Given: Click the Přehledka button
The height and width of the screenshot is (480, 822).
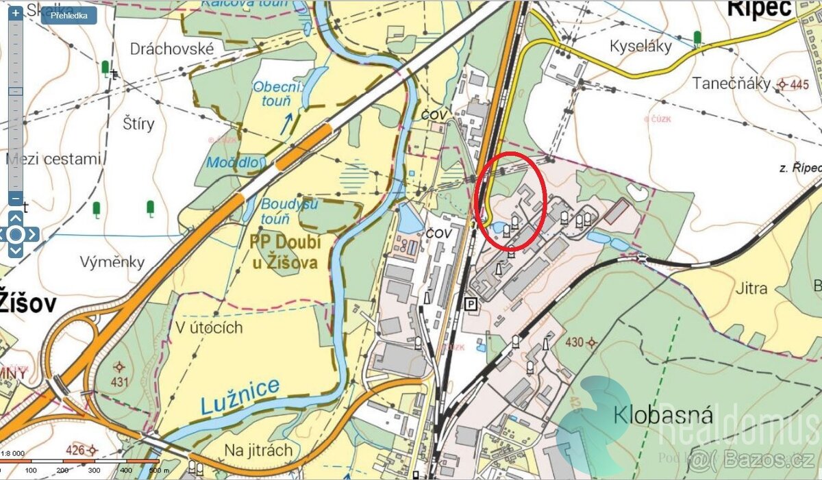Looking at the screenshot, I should pos(68,16).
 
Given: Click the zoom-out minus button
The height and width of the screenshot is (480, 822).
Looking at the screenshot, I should pos(15,199).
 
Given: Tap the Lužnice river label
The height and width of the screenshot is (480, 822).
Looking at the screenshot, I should pos(240,396).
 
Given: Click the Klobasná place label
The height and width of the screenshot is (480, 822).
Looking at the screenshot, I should pos(663,415).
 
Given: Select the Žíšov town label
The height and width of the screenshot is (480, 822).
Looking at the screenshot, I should pos(27,303).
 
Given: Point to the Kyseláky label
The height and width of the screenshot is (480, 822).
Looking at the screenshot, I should pos(640,47).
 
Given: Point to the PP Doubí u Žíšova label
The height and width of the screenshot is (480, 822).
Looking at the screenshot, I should pos(285,252).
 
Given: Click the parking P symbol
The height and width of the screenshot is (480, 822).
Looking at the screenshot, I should pos(470,303).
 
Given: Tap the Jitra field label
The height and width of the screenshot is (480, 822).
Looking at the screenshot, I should pos(751,288).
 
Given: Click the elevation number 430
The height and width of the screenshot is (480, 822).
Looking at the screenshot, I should pos(575,342).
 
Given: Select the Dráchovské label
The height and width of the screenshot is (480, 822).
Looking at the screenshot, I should pos(172,49).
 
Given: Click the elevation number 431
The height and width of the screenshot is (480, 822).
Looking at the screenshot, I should pos(120,382).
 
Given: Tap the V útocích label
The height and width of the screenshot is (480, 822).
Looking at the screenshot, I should pos(209,327).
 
